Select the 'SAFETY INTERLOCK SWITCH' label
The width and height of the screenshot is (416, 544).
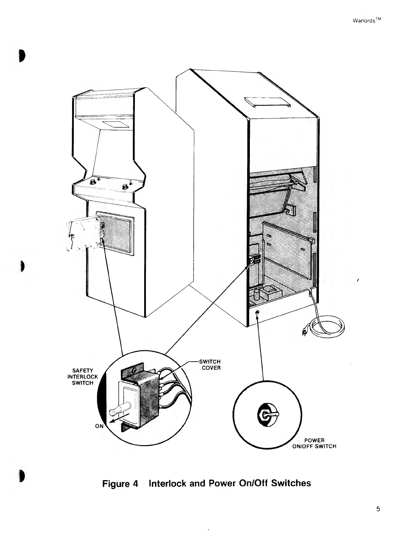pyautogui.click(x=83, y=377)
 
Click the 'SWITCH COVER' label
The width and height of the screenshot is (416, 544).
pyautogui.click(x=210, y=364)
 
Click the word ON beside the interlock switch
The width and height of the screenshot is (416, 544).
pyautogui.click(x=99, y=426)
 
